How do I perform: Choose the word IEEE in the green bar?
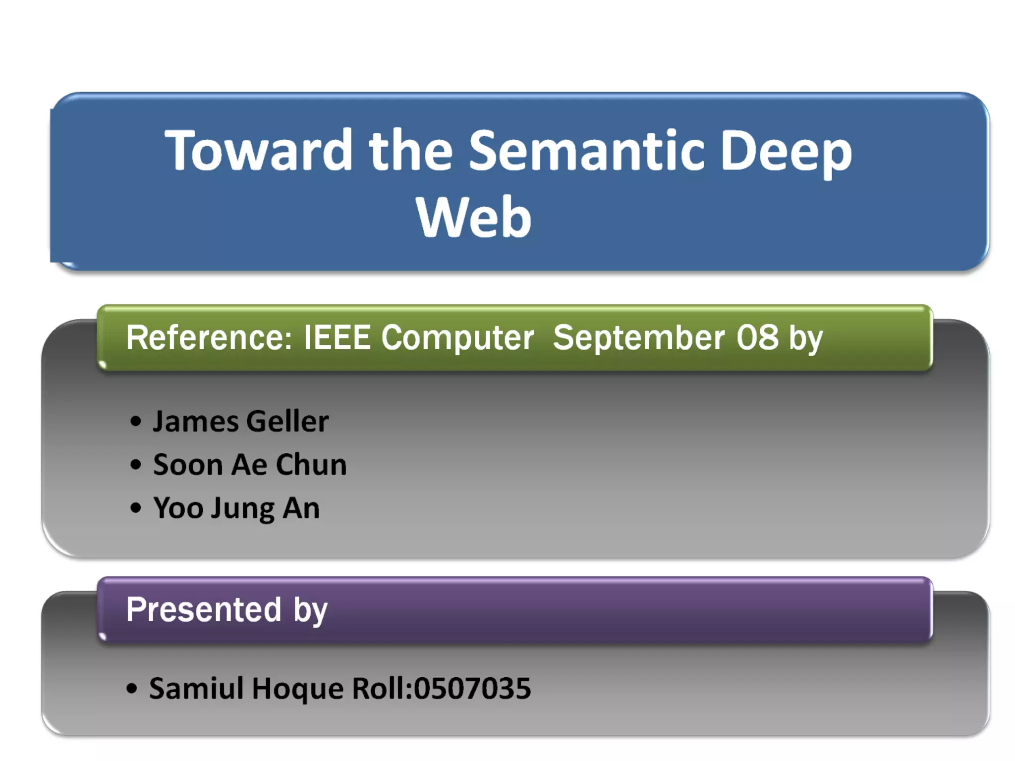pyautogui.click(x=337, y=338)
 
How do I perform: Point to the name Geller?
pyautogui.click(x=287, y=422)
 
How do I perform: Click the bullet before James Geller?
pyautogui.click(x=135, y=422)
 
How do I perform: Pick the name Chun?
pyautogui.click(x=311, y=465)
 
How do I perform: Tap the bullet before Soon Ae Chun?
pyautogui.click(x=135, y=465)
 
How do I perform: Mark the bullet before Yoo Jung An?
pyautogui.click(x=135, y=508)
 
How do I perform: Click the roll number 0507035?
pyautogui.click(x=472, y=689)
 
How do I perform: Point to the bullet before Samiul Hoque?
pyautogui.click(x=131, y=689)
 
